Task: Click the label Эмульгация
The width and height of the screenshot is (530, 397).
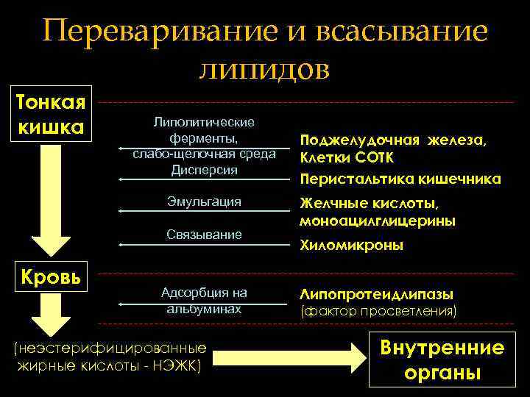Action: tap(204, 201)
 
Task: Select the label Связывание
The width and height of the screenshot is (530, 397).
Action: tap(204, 235)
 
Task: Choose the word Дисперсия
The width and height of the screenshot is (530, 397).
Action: tap(204, 170)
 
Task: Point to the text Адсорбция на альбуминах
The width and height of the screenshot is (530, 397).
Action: tap(204, 301)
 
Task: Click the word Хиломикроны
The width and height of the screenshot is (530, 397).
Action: tap(350, 247)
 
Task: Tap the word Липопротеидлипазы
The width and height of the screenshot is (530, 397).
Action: tap(375, 294)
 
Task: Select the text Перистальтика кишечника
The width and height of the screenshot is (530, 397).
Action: tap(400, 179)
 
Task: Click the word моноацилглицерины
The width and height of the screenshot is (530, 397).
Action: tap(376, 221)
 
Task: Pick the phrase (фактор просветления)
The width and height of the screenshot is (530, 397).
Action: tap(378, 311)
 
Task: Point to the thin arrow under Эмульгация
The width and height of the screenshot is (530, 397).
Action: tap(204, 211)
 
